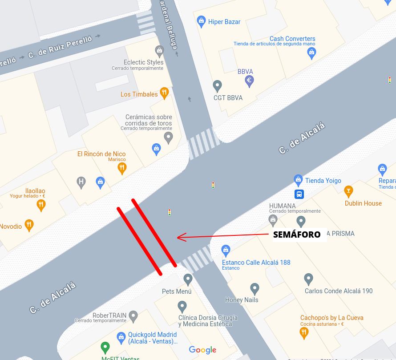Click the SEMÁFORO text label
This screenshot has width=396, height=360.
(297, 235)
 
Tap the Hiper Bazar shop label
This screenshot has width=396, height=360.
(224, 21)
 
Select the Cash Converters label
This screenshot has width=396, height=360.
(292, 39)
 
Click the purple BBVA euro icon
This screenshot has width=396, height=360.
(250, 81)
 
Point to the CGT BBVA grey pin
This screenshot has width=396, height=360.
(217, 85)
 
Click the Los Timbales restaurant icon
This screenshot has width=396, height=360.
(164, 93)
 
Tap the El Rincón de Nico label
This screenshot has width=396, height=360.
(101, 154)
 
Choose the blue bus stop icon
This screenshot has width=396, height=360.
(299, 194)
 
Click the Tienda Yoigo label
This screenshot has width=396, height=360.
(323, 181)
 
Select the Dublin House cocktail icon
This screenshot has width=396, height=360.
(349, 191)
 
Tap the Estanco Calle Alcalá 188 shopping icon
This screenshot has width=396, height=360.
(226, 251)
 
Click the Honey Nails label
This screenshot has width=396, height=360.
(242, 300)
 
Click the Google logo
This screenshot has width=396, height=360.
(202, 350)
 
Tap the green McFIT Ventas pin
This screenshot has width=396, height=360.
(105, 347)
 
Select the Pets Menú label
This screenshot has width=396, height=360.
(177, 291)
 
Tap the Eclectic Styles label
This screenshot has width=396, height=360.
(144, 62)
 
